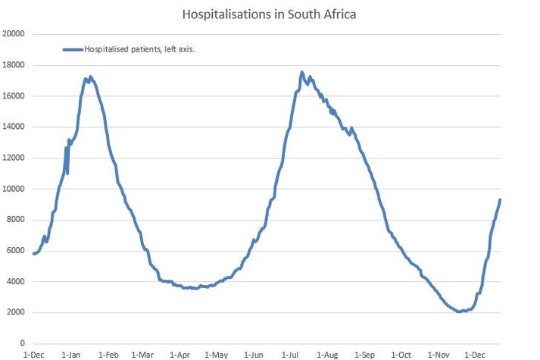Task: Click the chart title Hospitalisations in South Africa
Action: [x=270, y=14]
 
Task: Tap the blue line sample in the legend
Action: [x=72, y=49]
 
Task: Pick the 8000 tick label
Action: [x=16, y=220]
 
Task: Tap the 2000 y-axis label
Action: [x=16, y=313]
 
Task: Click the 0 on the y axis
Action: [x=23, y=344]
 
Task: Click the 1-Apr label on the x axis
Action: [x=179, y=355]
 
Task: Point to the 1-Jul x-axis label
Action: [x=291, y=355]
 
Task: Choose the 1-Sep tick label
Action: [x=365, y=355]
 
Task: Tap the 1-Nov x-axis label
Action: [x=439, y=355]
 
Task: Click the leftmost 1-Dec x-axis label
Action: [x=33, y=355]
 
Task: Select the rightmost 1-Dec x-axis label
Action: [x=476, y=355]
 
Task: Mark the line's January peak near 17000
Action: [x=90, y=77]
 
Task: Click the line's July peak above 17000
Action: [x=301, y=72]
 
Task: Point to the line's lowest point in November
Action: [x=460, y=311]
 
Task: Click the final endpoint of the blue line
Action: [x=500, y=199]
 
